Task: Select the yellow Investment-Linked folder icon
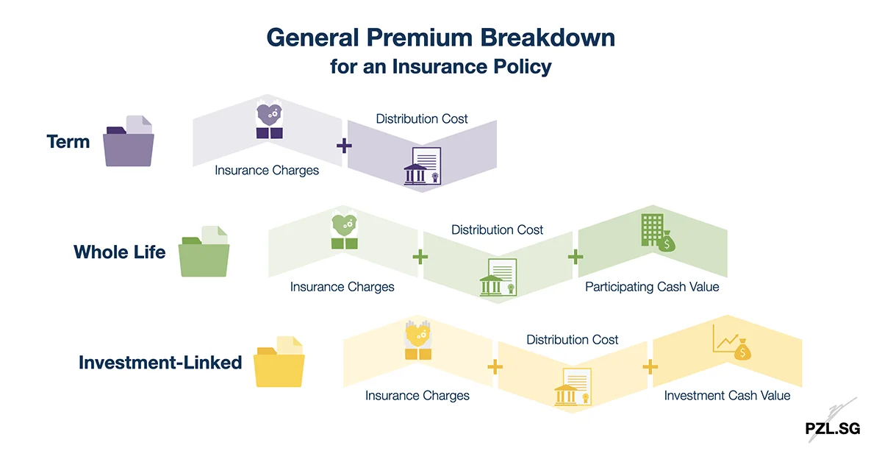click(279, 362)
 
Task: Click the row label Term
click(68, 141)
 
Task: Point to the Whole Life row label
click(119, 252)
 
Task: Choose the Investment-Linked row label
click(160, 363)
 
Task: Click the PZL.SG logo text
click(831, 429)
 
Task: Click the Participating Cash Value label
click(652, 287)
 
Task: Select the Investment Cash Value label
click(727, 396)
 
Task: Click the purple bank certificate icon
click(422, 166)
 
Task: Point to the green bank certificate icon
click(498, 277)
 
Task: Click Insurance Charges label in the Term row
click(267, 170)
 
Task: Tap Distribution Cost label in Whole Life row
click(497, 230)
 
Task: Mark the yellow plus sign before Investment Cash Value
click(650, 366)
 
